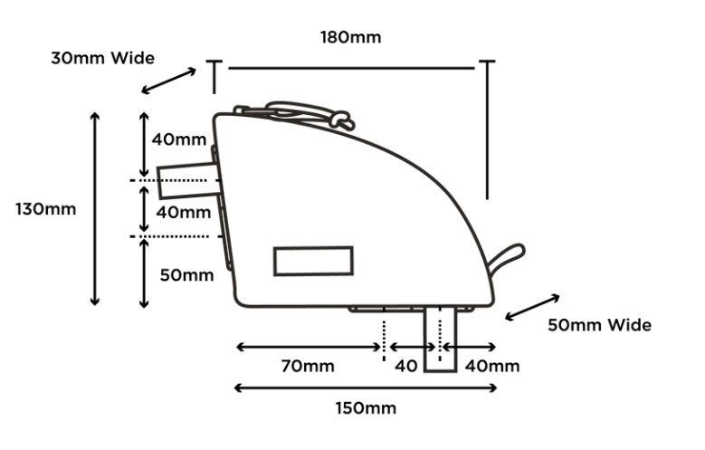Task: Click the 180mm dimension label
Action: tap(350, 37)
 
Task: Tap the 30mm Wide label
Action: tap(102, 58)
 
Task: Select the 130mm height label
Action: tap(45, 208)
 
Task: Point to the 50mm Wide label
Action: tap(604, 324)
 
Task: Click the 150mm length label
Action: tap(366, 408)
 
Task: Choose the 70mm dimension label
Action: tap(308, 366)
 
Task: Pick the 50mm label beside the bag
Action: tap(187, 274)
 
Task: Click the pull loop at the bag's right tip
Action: tap(506, 259)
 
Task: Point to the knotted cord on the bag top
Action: tap(339, 118)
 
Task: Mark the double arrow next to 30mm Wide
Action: tap(169, 80)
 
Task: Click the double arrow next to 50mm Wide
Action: tap(532, 306)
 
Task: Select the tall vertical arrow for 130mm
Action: tap(95, 208)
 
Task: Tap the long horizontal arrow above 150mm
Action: tap(366, 388)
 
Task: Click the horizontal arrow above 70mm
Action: tap(308, 347)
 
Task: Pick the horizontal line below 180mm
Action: tap(350, 67)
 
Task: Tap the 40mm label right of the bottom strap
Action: tap(491, 366)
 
